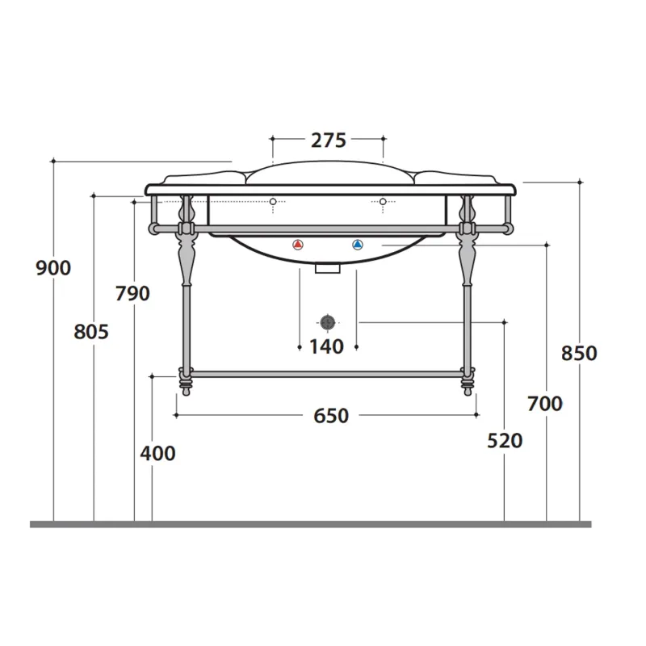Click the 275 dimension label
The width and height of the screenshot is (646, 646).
tap(329, 141)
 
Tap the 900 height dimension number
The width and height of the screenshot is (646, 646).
tap(53, 268)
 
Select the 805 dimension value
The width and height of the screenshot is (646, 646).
tap(91, 332)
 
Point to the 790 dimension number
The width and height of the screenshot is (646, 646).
tap(132, 293)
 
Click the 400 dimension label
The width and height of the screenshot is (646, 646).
tap(157, 454)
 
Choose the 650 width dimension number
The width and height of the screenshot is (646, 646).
tap(331, 416)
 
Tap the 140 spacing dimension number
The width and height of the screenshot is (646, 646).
tap(327, 347)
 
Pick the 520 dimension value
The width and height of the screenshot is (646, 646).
tap(505, 441)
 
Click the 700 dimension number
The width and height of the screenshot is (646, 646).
tap(545, 404)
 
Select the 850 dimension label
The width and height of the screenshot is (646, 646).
tap(579, 354)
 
